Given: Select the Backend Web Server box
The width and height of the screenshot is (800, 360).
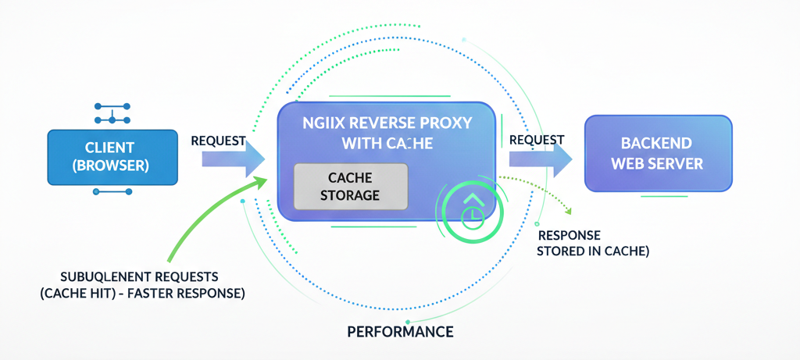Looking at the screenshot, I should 658,153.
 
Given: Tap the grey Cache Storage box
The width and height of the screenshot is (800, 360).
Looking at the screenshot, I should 351,186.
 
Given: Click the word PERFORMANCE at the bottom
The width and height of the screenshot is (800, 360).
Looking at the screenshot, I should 400,331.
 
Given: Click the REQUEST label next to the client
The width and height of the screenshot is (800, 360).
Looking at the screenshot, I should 219,141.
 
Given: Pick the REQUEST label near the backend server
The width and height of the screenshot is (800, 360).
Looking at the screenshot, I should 537,140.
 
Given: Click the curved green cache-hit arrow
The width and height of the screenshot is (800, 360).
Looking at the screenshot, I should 207,219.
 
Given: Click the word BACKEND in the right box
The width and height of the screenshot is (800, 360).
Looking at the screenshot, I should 657,144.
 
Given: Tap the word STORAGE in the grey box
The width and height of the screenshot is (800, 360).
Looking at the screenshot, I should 351,194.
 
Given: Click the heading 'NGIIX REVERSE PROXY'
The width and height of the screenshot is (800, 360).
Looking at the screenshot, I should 386,123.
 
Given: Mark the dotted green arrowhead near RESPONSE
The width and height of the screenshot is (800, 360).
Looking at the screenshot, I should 569,212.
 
